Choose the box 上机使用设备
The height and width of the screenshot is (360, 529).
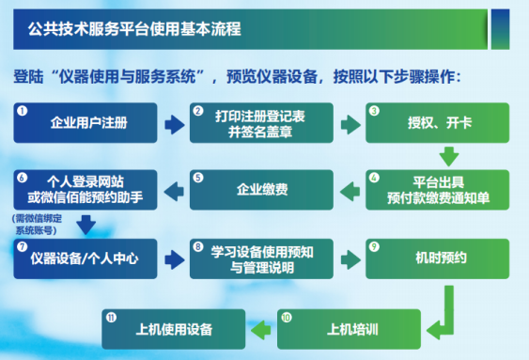point(175,329)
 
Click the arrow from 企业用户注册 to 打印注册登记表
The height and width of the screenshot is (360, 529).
point(174,124)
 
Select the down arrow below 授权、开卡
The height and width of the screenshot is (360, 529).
point(449,155)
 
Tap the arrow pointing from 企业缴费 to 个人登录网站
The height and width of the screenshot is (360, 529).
point(174,190)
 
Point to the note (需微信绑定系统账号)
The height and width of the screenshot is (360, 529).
point(33,223)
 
